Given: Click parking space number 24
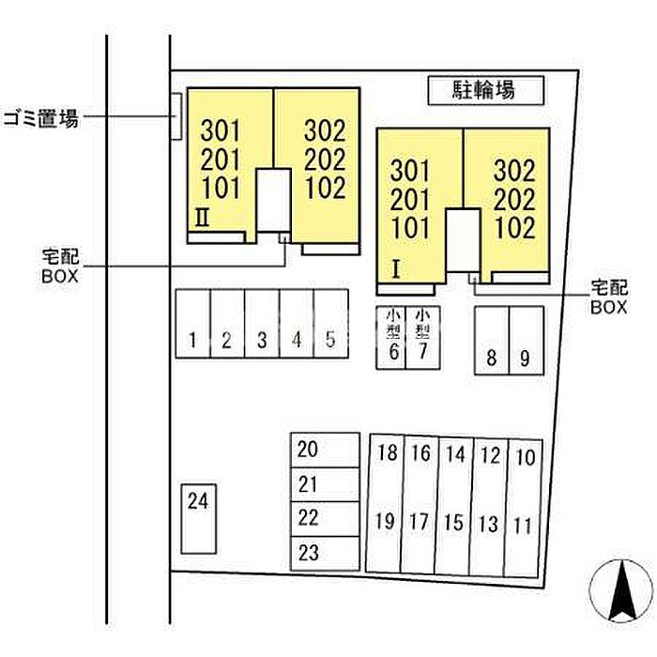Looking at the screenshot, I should click(x=197, y=517).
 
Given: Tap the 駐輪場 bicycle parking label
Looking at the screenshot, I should click(x=485, y=90).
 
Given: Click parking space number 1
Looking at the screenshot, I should click(x=192, y=324).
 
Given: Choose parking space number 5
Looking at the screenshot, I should click(x=330, y=324).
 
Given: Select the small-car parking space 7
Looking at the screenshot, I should click(x=423, y=338).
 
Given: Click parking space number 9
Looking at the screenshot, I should click(x=526, y=342).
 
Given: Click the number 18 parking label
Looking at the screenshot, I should click(x=387, y=454).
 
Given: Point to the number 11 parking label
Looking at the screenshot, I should click(x=525, y=524).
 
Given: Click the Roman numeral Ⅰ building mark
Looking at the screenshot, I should click(x=396, y=269).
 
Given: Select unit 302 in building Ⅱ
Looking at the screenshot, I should click(x=325, y=131).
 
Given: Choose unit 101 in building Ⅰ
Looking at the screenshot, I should click(x=409, y=227).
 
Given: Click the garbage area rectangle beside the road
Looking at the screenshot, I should click(x=176, y=117).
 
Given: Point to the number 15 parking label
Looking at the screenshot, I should click(x=454, y=522).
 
